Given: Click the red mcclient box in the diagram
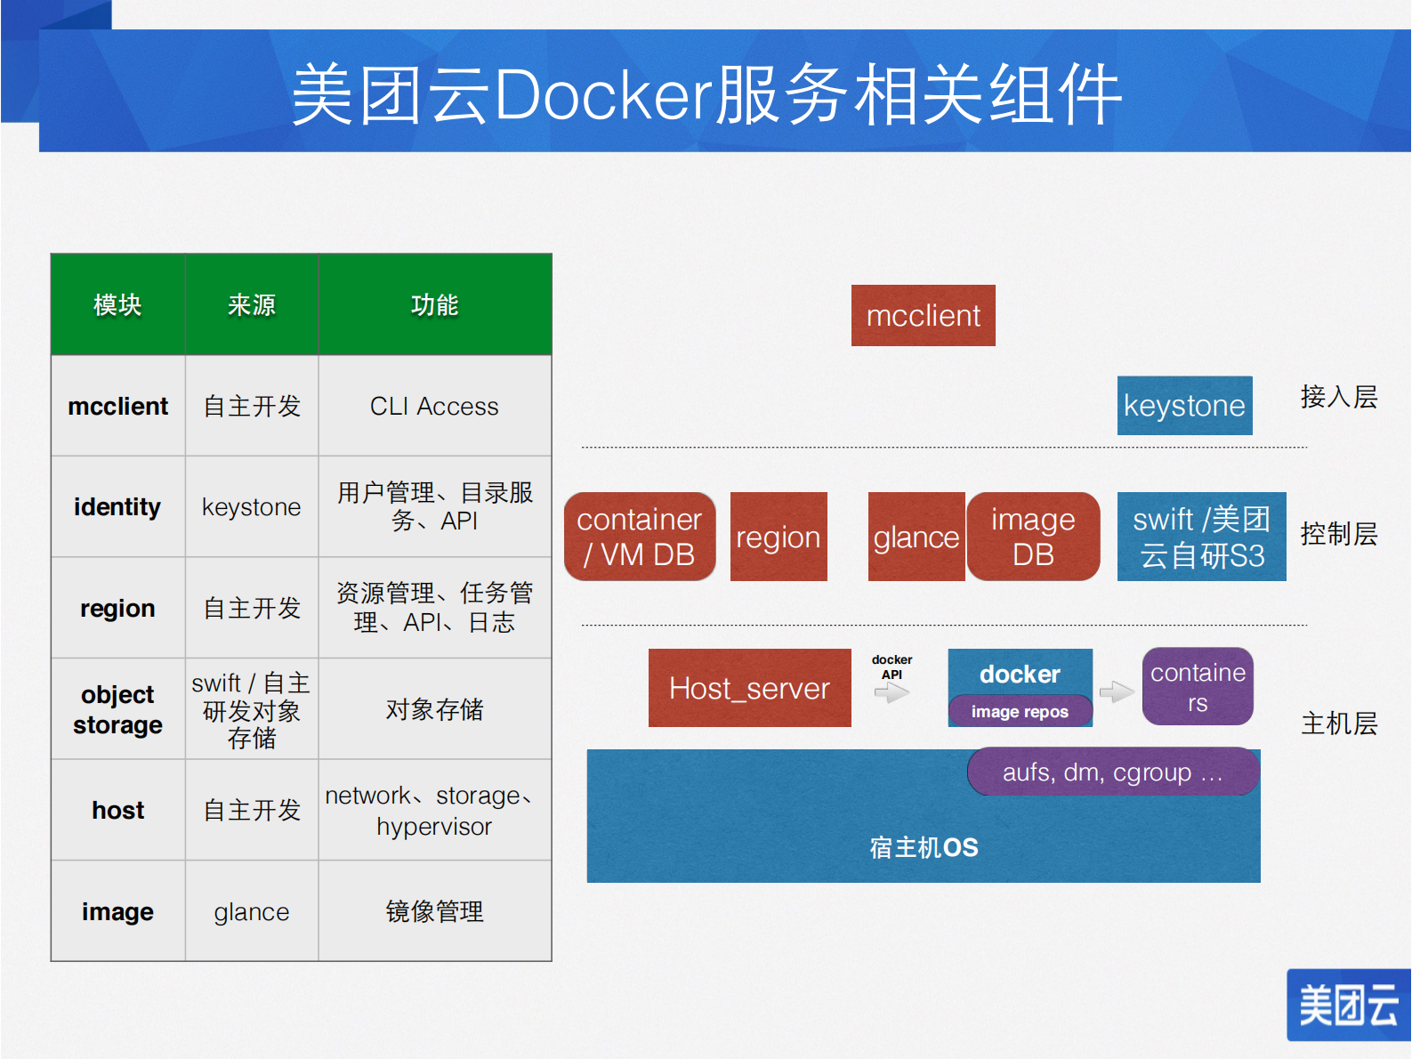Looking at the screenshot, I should coord(923,316).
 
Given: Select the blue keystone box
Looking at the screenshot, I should coord(1184,406).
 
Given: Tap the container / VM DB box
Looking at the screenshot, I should coord(640,537).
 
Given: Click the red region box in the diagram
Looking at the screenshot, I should coord(779,537).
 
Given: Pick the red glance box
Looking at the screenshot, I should coord(916,537).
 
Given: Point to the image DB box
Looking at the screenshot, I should coord(1033,537).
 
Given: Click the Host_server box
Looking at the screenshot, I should coord(749,688).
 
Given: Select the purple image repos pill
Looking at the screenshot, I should coord(1020,711).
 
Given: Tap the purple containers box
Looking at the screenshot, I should coord(1198,686).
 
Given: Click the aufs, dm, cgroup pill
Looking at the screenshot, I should coord(1112,772).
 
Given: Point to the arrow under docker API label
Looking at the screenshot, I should coord(892,692).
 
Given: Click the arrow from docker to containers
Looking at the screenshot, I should coord(1117,691).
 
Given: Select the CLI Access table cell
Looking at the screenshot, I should coord(434,406).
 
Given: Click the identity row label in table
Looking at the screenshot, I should coord(117,506).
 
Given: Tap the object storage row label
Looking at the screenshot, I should coord(117,709).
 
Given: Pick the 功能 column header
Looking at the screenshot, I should coord(434,305).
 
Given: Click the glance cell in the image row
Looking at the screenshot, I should coord(251,911).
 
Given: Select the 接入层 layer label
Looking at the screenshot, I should coord(1338,397).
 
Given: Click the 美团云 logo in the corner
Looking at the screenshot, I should coord(1348,1006).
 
